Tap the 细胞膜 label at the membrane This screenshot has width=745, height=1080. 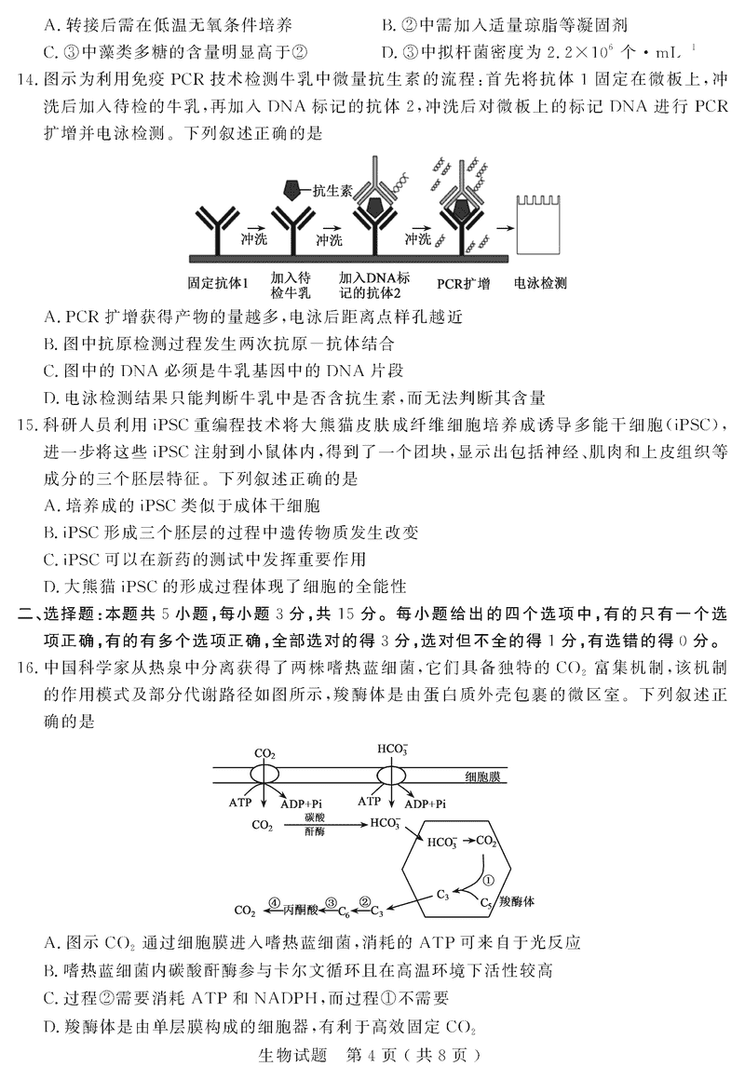[x=485, y=776]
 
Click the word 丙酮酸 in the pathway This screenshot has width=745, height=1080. [x=300, y=908]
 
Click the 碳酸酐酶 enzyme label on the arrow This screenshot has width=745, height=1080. [x=314, y=823]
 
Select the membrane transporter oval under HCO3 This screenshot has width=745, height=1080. [x=388, y=776]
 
